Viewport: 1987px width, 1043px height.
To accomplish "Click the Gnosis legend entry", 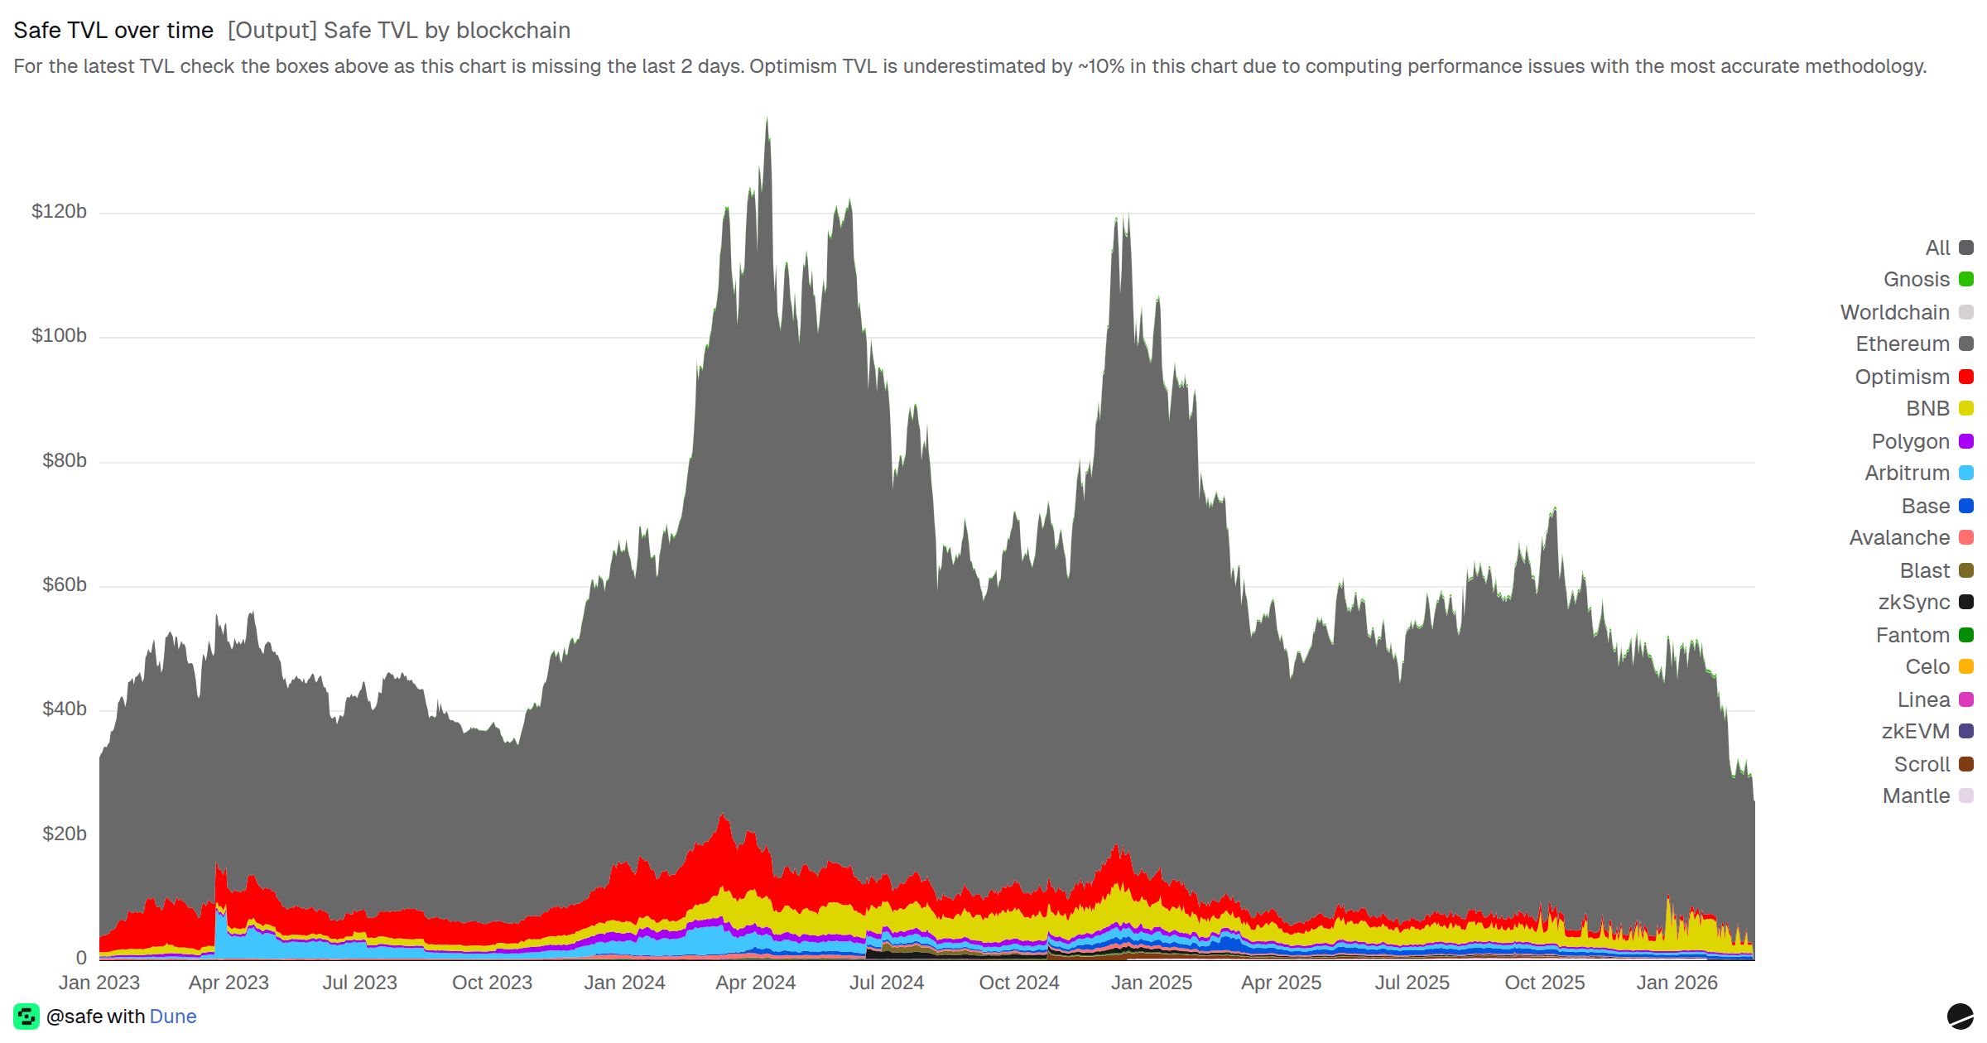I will pos(1916,280).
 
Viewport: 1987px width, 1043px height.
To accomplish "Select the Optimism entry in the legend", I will pos(1902,377).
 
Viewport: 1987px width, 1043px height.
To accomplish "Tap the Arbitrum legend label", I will pos(1907,473).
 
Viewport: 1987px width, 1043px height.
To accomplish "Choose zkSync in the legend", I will pos(1913,603).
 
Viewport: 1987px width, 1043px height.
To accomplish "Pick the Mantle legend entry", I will pos(1916,796).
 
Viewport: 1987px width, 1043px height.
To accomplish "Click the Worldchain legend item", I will pos(1894,313).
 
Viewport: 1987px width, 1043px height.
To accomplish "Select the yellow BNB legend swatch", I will pos(1965,409).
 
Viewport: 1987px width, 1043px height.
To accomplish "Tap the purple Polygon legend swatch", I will pos(1965,442).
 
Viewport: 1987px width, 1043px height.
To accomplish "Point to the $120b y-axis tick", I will pos(59,212).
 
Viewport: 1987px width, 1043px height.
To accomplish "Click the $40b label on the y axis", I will pos(64,709).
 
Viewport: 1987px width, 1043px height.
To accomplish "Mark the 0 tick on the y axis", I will pos(81,958).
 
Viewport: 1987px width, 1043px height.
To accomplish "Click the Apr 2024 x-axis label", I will pos(755,983).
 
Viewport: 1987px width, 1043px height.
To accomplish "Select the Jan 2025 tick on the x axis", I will pos(1151,983).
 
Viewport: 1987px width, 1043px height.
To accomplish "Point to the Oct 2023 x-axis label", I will pos(492,983).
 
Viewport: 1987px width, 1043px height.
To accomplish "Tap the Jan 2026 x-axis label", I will pos(1677,983).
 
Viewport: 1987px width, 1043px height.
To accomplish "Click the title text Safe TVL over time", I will pos(113,31).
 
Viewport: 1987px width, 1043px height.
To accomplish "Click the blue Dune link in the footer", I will pos(173,1017).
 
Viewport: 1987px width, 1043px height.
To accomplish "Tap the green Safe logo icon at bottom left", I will pos(26,1017).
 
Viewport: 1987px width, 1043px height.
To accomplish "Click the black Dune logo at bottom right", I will pos(1960,1016).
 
